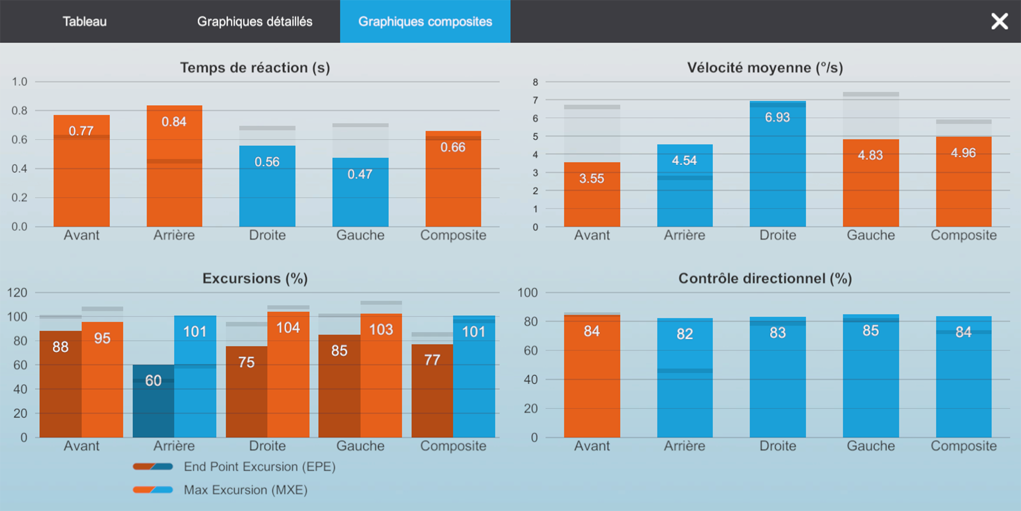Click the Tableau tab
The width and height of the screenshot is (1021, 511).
coord(85,21)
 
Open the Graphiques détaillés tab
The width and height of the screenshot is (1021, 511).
coord(255,21)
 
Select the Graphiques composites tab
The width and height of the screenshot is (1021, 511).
coord(425,21)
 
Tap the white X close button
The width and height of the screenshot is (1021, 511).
coord(999,21)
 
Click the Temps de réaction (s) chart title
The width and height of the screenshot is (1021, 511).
coord(255,68)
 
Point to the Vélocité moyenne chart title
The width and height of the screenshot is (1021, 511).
coord(765,68)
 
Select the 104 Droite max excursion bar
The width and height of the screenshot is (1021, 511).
coord(288,374)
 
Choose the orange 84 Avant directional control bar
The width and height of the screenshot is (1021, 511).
coord(592,376)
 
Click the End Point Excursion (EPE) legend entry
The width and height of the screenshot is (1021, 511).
coord(234,467)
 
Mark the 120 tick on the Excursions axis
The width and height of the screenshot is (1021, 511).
coord(17,293)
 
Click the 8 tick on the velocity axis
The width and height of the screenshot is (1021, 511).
coord(535,82)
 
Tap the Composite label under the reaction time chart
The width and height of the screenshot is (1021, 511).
coord(453,236)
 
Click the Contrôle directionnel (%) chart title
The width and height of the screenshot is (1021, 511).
coord(765,278)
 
